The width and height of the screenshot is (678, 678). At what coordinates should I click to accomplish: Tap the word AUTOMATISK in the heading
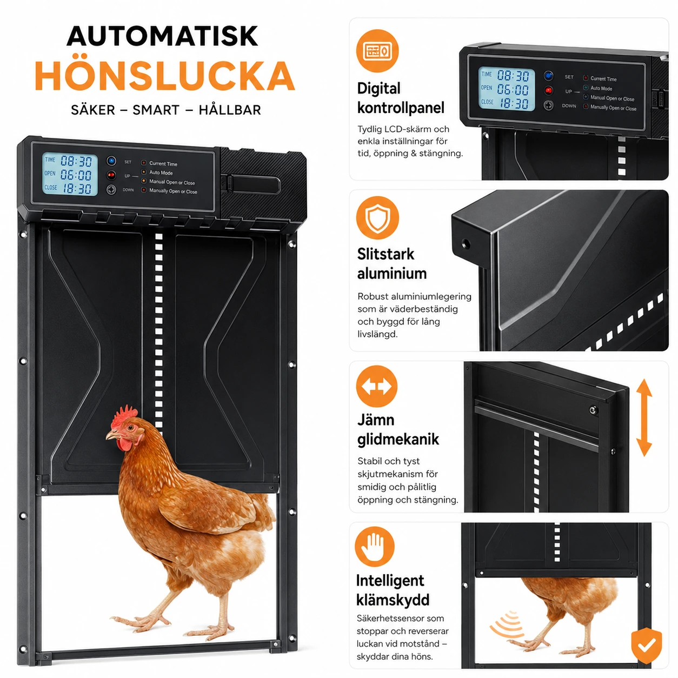[162, 36]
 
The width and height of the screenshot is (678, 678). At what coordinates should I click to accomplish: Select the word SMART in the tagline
[156, 110]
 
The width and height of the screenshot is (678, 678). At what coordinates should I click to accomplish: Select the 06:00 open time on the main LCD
[76, 175]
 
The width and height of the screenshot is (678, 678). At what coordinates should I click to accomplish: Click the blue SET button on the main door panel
[111, 161]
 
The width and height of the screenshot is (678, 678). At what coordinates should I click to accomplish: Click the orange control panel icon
[377, 51]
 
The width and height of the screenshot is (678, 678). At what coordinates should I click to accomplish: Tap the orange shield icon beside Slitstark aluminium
[377, 218]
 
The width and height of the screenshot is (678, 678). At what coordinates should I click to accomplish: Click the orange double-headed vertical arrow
[644, 417]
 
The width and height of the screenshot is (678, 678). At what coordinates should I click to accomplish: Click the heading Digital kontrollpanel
[401, 98]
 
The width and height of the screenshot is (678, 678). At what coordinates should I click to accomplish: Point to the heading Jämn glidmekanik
[398, 430]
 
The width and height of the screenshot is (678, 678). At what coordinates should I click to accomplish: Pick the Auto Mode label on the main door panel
[161, 173]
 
